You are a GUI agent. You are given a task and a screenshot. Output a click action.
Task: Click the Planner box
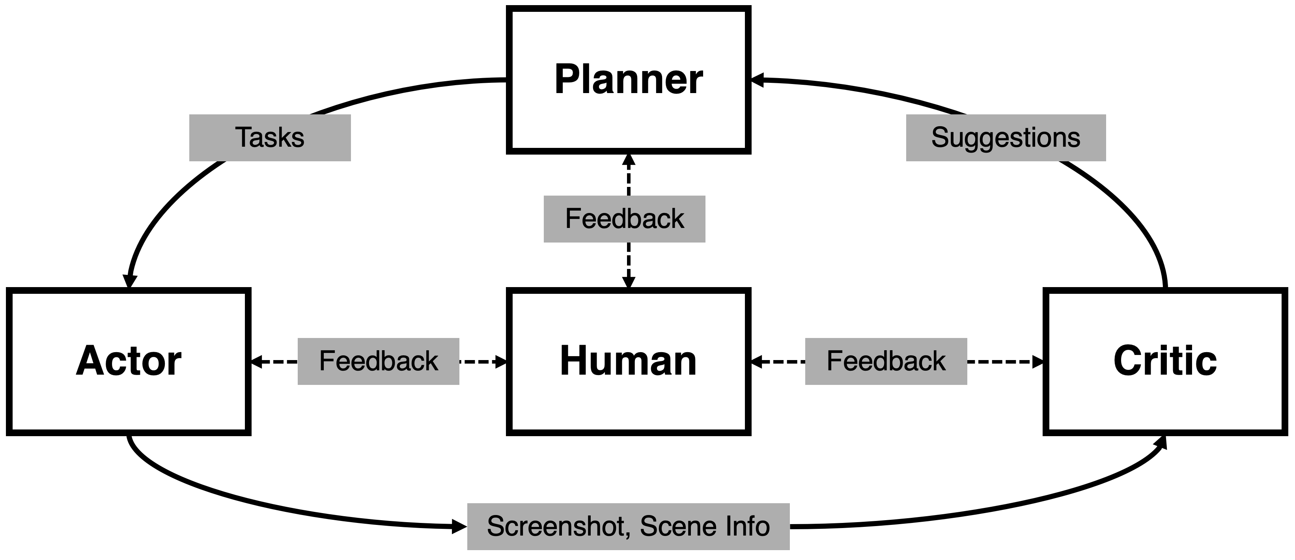(x=629, y=79)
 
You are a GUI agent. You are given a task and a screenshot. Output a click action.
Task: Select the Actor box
(x=129, y=361)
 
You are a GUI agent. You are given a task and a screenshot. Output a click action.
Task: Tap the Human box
(x=629, y=361)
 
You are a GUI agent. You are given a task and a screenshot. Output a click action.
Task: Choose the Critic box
(x=1165, y=361)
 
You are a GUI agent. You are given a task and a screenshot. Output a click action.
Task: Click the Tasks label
(x=270, y=138)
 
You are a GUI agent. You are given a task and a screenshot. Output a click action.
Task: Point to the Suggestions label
(x=1006, y=138)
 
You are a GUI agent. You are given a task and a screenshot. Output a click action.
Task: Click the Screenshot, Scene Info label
(x=629, y=526)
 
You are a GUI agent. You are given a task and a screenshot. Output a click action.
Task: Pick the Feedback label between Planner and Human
(x=624, y=219)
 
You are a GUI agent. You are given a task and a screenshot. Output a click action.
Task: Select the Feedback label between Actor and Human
(x=379, y=361)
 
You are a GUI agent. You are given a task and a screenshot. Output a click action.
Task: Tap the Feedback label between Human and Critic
(x=886, y=361)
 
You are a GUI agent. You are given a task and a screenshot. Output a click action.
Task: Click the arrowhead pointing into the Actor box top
(x=130, y=282)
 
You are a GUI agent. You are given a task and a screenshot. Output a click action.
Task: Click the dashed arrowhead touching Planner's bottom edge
(x=629, y=160)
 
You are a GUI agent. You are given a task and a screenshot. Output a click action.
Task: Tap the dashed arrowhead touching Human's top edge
(x=629, y=282)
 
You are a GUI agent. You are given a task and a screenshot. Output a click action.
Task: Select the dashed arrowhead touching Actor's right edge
(x=257, y=361)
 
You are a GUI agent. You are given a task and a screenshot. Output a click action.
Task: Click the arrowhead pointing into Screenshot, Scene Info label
(x=459, y=526)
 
